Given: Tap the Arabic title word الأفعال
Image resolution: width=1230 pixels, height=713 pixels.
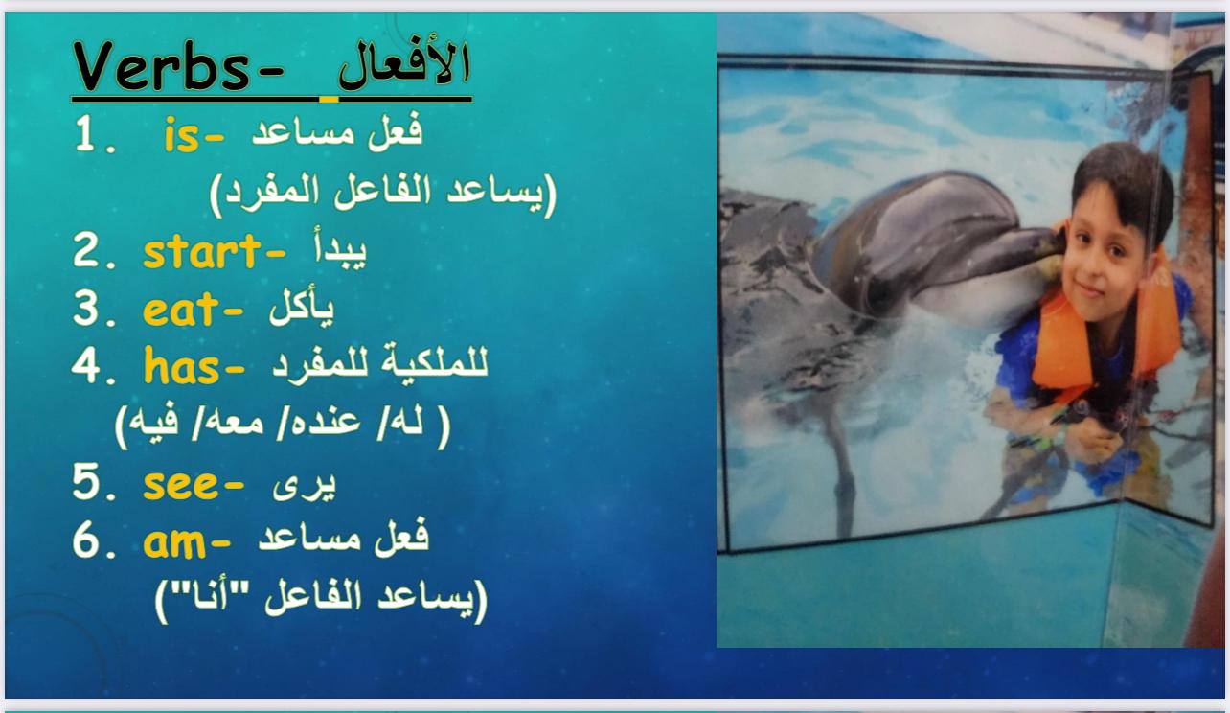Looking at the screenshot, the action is tap(404, 64).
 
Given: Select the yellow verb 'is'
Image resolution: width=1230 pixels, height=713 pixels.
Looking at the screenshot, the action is tap(182, 135).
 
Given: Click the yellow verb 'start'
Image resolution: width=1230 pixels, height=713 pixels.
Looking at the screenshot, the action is tap(202, 252).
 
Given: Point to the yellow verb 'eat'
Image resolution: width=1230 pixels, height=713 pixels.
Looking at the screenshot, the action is tap(181, 310).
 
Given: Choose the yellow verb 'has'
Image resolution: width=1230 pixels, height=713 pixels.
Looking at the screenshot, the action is tap(182, 366).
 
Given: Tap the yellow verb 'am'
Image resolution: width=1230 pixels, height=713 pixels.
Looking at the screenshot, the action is tap(174, 543).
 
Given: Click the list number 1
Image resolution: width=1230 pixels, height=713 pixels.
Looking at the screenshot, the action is tap(85, 133).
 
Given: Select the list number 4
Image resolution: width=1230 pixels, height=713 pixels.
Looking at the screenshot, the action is tap(85, 365).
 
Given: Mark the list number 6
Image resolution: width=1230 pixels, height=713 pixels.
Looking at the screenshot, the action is tap(85, 541).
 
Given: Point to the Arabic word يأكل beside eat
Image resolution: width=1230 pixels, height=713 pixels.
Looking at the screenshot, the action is tap(302, 307).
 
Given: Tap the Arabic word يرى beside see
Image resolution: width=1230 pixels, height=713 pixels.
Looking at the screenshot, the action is tap(305, 486).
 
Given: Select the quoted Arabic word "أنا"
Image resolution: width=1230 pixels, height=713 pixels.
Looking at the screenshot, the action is tap(210, 596).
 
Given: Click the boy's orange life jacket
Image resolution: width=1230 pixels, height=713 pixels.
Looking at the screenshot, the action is tap(1104, 330).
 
